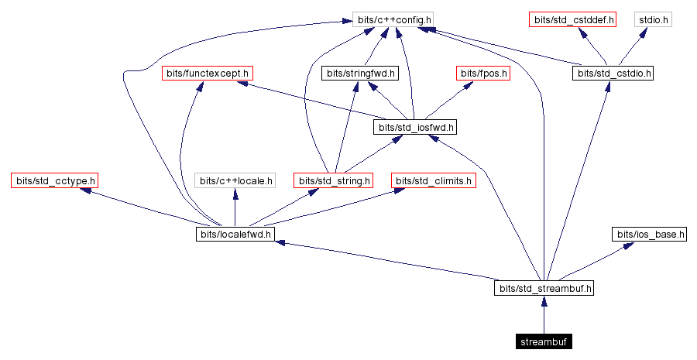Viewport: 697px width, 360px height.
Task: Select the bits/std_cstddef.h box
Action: click(572, 19)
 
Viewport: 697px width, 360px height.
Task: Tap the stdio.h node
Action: click(654, 19)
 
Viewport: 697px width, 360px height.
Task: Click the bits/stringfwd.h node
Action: click(359, 74)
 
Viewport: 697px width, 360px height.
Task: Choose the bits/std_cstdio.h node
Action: click(613, 74)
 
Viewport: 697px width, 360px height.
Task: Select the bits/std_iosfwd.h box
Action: click(415, 127)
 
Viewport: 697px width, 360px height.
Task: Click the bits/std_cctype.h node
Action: click(54, 181)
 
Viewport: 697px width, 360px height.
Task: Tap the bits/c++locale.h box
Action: click(235, 181)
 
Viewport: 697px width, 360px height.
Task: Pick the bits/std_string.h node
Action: click(334, 181)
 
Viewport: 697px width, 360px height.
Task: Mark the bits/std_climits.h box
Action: click(434, 181)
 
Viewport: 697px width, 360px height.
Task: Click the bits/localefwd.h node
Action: click(235, 235)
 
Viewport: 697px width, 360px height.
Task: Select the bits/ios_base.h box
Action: click(650, 235)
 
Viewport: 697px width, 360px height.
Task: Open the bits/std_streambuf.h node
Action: click(545, 289)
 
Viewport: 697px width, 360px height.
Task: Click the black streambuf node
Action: click(545, 342)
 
